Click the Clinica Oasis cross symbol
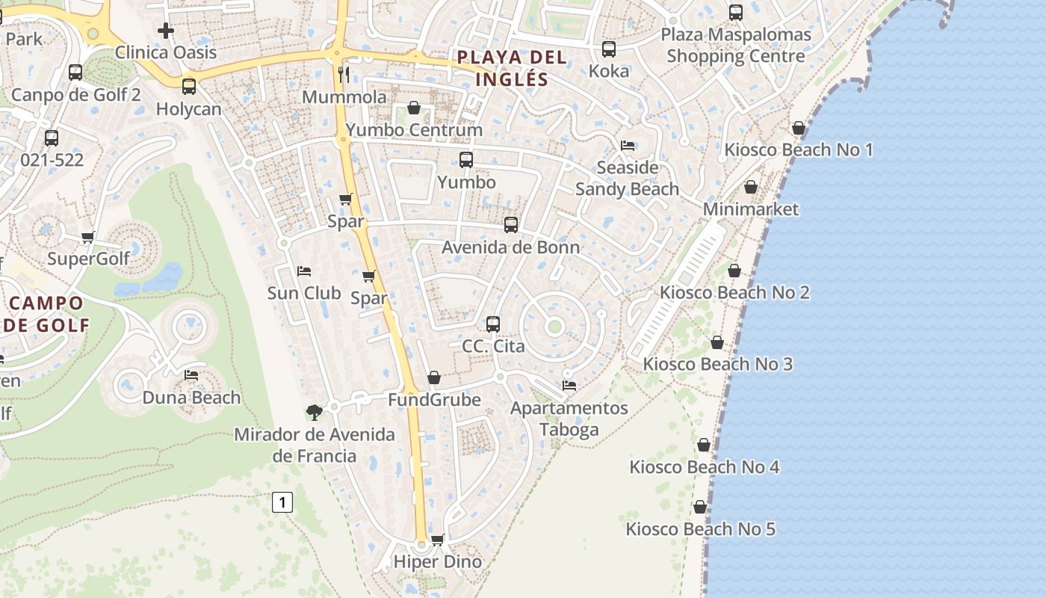pos(166,31)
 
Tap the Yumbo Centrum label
pos(414,130)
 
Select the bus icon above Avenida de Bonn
pos(511,224)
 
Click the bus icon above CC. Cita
pos(493,324)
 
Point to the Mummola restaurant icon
pos(344,74)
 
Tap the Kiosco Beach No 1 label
pos(799,150)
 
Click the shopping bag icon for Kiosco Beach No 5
pos(700,507)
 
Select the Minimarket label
pos(751,209)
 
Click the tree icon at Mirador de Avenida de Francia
pos(315,412)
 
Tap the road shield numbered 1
pos(282,502)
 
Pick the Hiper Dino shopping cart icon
pos(438,540)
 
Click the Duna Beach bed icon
pos(191,374)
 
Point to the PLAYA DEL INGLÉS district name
pos(501,68)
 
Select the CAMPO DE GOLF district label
pos(46,314)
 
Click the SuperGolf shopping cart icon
pos(88,238)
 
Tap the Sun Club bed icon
pos(304,271)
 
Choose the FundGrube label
pos(434,400)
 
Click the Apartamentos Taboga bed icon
pos(569,386)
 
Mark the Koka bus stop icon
pos(609,49)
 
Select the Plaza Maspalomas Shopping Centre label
pos(736,46)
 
